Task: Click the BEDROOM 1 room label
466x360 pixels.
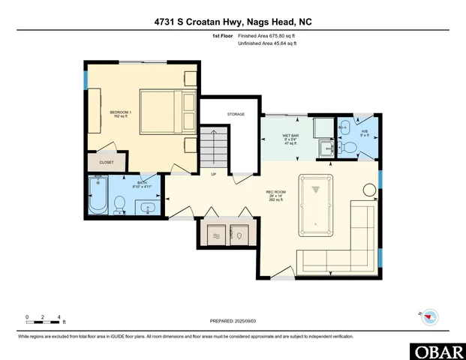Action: coord(121,114)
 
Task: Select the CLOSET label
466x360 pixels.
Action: coord(107,161)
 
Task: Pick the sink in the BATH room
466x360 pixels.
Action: coord(147,206)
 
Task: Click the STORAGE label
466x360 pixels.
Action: coord(236,114)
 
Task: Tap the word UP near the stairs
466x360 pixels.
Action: coord(213,174)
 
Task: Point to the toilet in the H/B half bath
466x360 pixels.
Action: coord(349,148)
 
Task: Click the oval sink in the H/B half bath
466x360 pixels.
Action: coord(344,125)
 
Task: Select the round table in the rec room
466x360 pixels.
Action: coord(369,191)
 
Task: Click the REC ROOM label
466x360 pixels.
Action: coord(275,196)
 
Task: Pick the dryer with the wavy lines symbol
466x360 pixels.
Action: coord(217,234)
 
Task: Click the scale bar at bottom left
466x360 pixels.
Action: coord(43,323)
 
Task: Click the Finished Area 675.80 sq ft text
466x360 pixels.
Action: coord(267,36)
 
